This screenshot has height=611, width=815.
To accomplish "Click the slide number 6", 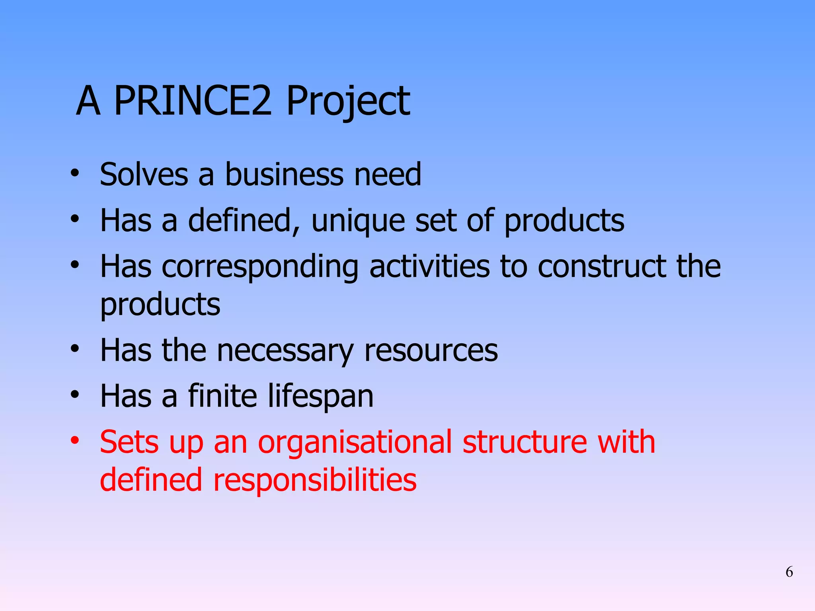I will click(789, 572).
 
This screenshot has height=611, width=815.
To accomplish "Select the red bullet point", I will click(75, 441).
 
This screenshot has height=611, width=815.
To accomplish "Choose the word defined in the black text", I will click(244, 220).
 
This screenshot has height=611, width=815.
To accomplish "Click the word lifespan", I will click(320, 397).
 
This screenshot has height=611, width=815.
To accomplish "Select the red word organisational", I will click(355, 442).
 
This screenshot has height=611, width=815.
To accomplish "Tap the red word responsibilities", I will click(315, 480).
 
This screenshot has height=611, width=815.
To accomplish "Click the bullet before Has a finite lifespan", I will click(75, 395).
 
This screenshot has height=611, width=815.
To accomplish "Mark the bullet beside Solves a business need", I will click(75, 173).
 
